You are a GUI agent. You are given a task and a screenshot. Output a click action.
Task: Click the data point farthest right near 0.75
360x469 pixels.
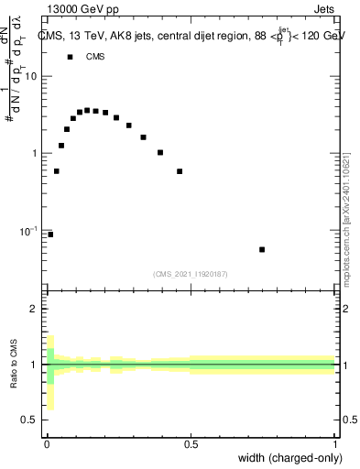click(x=262, y=249)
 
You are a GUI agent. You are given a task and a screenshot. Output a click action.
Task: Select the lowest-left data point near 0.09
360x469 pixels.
click(x=50, y=234)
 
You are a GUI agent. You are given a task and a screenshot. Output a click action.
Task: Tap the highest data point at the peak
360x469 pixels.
click(x=87, y=110)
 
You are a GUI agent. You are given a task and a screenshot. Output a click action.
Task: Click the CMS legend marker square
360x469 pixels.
click(x=69, y=57)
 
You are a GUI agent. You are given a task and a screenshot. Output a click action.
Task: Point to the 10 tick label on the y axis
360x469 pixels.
click(x=31, y=76)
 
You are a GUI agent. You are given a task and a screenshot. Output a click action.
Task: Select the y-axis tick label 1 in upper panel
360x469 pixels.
click(x=35, y=154)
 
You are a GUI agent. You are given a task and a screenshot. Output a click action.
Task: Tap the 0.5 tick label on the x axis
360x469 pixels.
click(x=191, y=443)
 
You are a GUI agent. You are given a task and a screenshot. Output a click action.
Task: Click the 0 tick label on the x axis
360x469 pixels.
click(x=47, y=443)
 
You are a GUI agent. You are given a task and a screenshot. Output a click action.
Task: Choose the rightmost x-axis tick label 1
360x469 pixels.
click(x=335, y=443)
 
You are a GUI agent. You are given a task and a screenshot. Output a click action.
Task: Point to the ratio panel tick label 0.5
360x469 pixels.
click(x=30, y=420)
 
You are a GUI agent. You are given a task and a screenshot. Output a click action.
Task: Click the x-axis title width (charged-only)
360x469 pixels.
click(x=290, y=458)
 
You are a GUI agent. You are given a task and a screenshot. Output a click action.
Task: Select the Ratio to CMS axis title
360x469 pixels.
click(x=14, y=365)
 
